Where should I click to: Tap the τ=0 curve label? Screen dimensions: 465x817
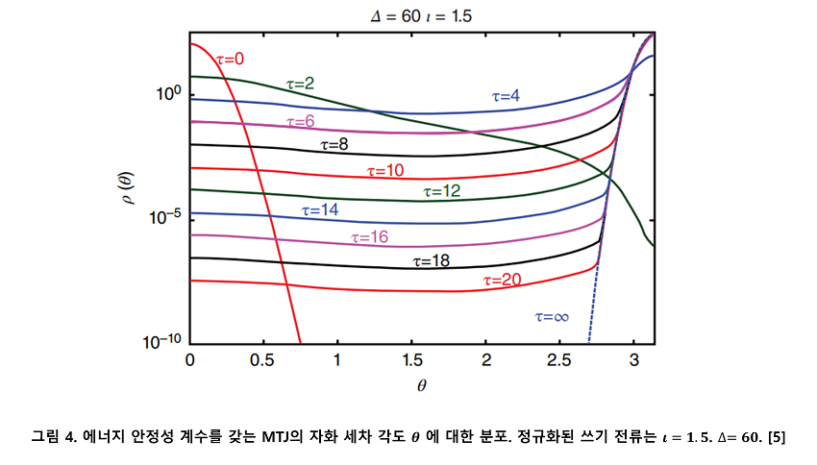click(230, 60)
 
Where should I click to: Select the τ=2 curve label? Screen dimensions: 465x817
click(301, 85)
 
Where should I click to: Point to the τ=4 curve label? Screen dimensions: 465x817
click(507, 96)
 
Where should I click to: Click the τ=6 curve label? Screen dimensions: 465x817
click(301, 122)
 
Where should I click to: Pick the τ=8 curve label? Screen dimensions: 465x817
click(334, 145)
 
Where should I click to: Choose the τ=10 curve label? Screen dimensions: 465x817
click(384, 171)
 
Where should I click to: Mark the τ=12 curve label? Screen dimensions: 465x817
click(442, 191)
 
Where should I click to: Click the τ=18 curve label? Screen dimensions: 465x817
click(432, 259)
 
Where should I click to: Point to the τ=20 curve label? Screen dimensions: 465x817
click(502, 280)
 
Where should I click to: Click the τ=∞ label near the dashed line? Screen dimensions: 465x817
click(552, 316)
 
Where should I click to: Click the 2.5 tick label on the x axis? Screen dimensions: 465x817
click(559, 359)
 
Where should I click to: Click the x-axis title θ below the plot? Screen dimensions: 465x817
click(422, 385)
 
